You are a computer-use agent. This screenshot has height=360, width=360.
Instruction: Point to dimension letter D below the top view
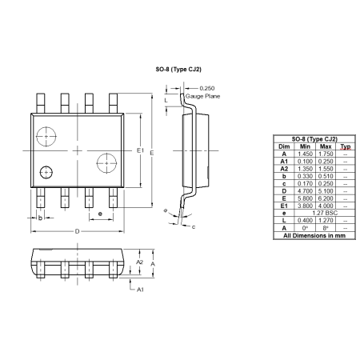(78, 231)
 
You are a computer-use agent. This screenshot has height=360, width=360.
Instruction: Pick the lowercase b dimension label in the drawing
(40, 217)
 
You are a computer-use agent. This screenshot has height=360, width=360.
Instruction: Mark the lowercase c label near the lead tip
(194, 226)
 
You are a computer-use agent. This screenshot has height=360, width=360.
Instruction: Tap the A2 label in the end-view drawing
(139, 262)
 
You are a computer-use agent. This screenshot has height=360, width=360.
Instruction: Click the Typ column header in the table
(345, 146)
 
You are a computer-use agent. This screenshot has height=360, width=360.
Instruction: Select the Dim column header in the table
(283, 146)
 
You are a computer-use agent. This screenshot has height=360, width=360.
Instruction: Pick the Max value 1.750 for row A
(326, 154)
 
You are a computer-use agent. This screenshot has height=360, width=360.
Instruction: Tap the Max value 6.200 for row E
(326, 198)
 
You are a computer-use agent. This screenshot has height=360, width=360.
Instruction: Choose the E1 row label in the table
(283, 205)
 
